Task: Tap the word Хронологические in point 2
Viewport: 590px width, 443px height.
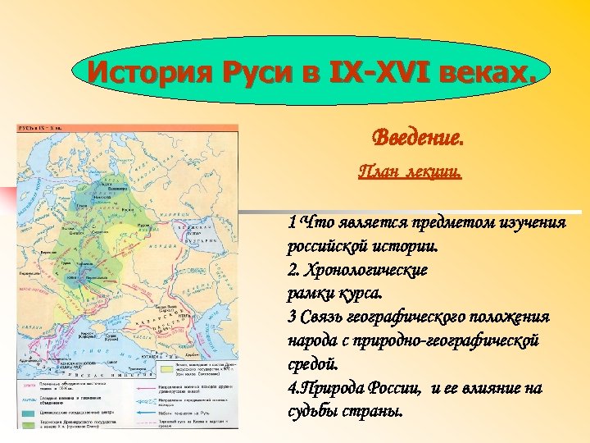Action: (370, 269)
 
